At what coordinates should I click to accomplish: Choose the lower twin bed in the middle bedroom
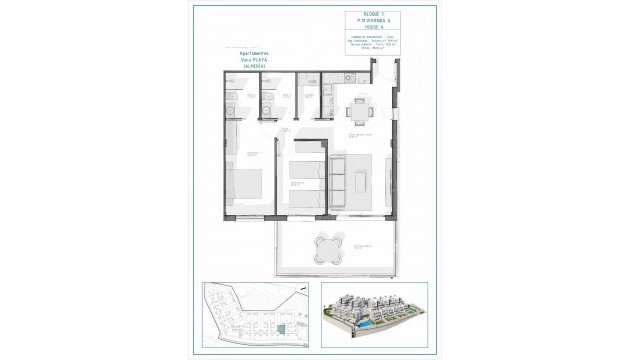(303, 199)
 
